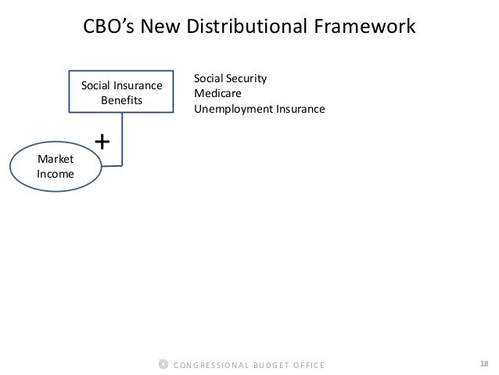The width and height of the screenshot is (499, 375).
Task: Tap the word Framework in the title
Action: tap(365, 27)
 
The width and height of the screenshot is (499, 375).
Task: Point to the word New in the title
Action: tap(163, 27)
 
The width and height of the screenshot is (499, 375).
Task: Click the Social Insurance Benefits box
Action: tap(122, 93)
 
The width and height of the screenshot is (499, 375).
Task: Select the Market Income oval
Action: tap(56, 167)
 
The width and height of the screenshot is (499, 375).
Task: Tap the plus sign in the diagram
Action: tap(102, 142)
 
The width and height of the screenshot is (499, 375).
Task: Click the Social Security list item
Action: tap(231, 79)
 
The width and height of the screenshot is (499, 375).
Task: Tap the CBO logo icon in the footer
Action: tap(163, 364)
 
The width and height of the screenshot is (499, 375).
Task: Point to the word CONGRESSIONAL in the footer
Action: tap(209, 365)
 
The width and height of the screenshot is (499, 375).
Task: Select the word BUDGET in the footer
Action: tap(268, 365)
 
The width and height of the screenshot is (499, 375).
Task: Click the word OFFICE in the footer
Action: tap(309, 365)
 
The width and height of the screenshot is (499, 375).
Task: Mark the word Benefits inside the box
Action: tap(122, 101)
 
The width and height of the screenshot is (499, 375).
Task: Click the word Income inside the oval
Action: tap(56, 174)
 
